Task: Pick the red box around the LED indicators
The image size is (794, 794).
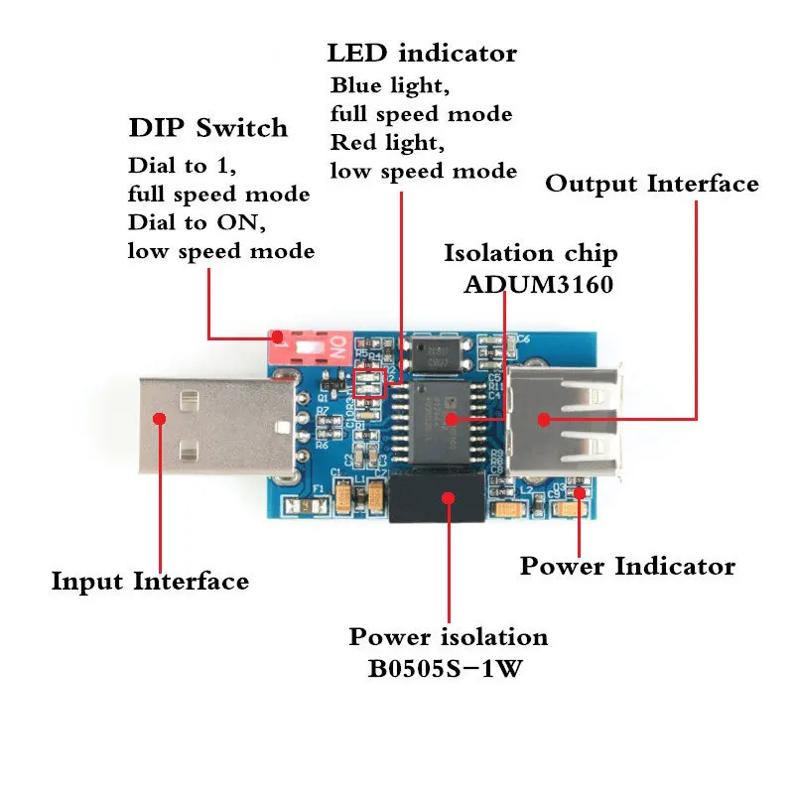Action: tap(368, 384)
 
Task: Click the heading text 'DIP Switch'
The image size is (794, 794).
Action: tap(207, 129)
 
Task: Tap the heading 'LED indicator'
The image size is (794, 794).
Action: tap(422, 53)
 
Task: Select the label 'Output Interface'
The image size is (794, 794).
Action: tap(652, 184)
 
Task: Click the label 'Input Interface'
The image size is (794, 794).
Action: tap(150, 581)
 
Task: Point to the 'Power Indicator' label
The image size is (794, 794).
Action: tap(627, 567)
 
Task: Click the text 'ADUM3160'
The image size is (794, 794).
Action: tap(538, 285)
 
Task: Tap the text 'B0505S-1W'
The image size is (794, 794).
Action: tap(449, 668)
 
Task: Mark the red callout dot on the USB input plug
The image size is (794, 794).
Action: tap(159, 418)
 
